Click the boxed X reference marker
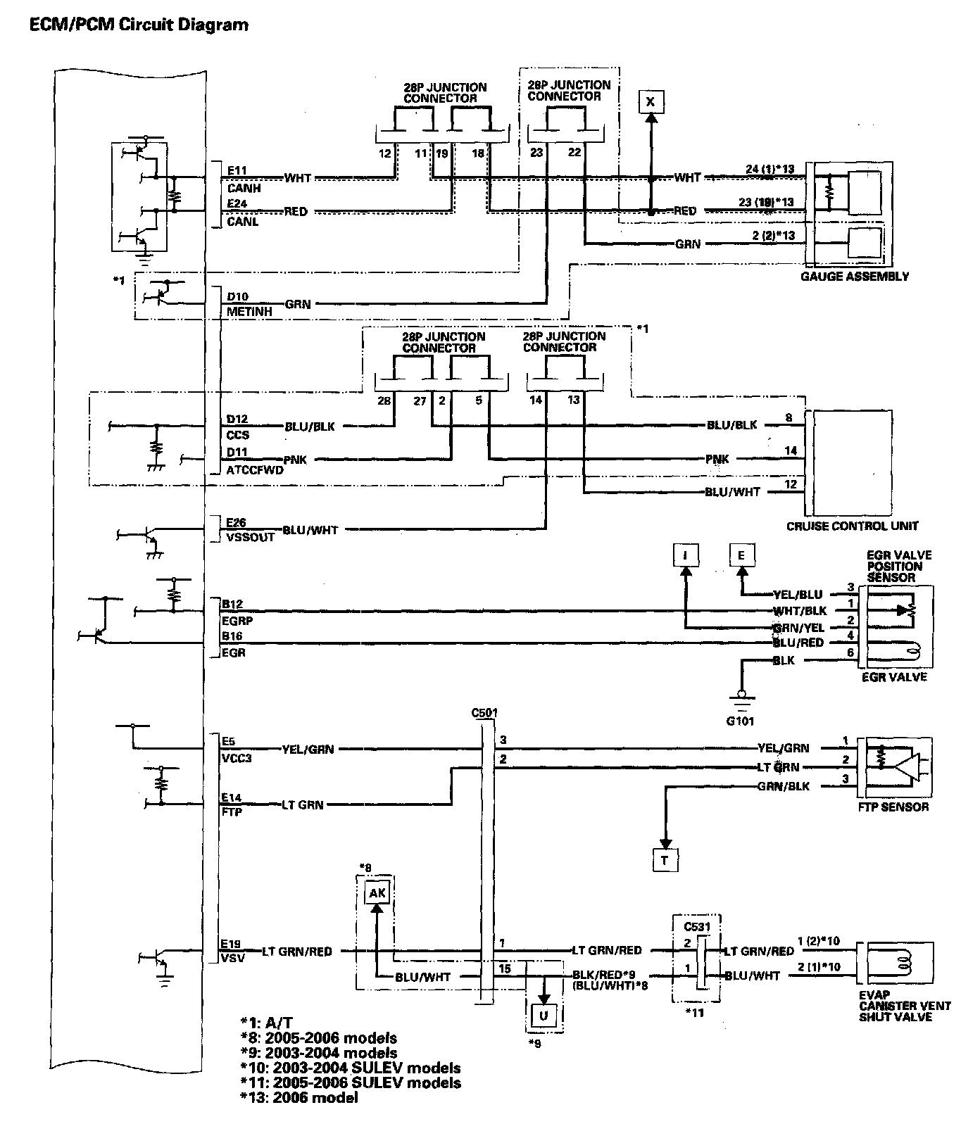(651, 102)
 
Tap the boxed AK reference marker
(377, 893)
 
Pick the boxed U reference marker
(544, 1016)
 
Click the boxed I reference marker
(684, 555)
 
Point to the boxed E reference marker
(741, 555)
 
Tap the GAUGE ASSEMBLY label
(854, 277)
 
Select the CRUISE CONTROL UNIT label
(853, 525)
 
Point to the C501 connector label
(484, 712)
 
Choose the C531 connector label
(696, 919)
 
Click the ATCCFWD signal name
(254, 469)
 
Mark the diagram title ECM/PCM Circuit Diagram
(138, 25)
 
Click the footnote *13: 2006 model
(299, 1097)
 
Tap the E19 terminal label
(231, 944)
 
